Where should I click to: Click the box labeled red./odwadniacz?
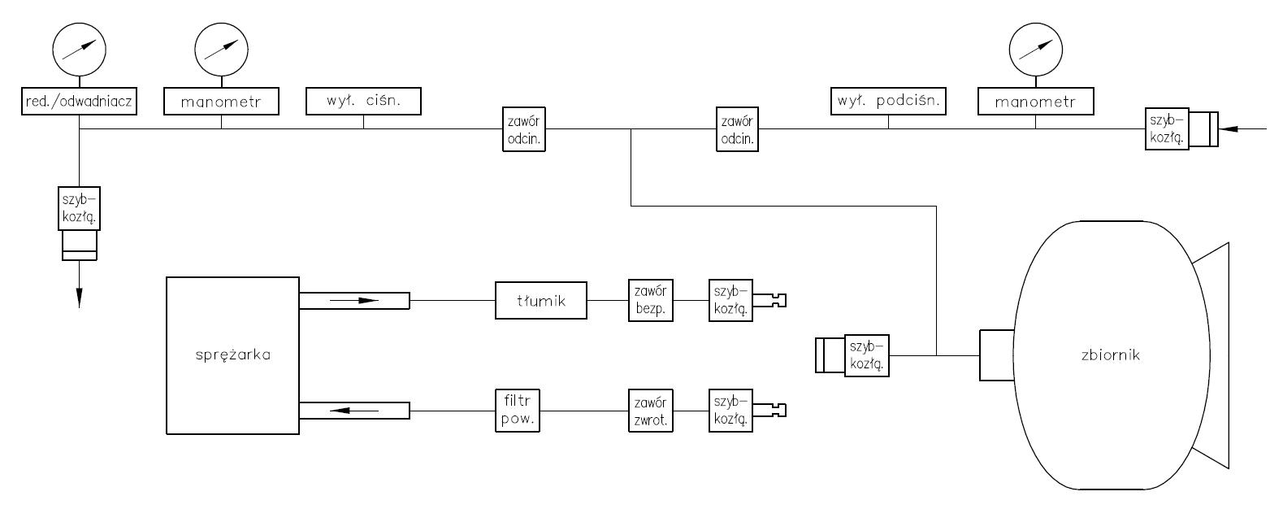click(x=80, y=102)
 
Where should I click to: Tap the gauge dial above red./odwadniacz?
click(x=80, y=50)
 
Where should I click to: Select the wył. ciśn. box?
click(x=363, y=101)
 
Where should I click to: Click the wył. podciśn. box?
click(x=888, y=101)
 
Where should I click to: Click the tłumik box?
click(x=541, y=302)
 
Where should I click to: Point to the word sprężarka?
click(x=233, y=355)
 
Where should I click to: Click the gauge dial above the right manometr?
click(x=1036, y=50)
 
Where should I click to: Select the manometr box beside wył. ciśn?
click(x=222, y=102)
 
